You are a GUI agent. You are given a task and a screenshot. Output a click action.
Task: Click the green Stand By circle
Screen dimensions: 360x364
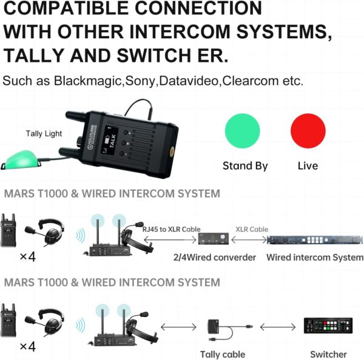243,130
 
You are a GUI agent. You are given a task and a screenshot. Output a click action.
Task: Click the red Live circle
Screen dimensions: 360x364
308,130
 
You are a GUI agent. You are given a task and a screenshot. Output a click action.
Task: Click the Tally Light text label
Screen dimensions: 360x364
44,133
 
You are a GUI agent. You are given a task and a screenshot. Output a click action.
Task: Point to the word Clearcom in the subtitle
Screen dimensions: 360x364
249,81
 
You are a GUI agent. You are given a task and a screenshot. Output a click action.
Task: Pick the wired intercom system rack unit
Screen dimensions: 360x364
314,240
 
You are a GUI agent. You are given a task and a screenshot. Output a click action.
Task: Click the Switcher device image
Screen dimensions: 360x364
328,327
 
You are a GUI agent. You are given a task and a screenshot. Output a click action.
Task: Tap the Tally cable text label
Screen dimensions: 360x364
223,354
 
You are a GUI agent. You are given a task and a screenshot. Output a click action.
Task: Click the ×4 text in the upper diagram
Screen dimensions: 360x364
27,256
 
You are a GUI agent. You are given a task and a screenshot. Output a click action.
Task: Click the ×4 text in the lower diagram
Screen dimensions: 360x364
27,347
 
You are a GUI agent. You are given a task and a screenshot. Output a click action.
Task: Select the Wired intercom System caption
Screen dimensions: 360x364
315,257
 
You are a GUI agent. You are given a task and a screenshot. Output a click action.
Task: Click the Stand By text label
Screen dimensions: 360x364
245,165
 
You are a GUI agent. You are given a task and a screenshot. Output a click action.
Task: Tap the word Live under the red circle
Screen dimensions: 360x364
308,165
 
